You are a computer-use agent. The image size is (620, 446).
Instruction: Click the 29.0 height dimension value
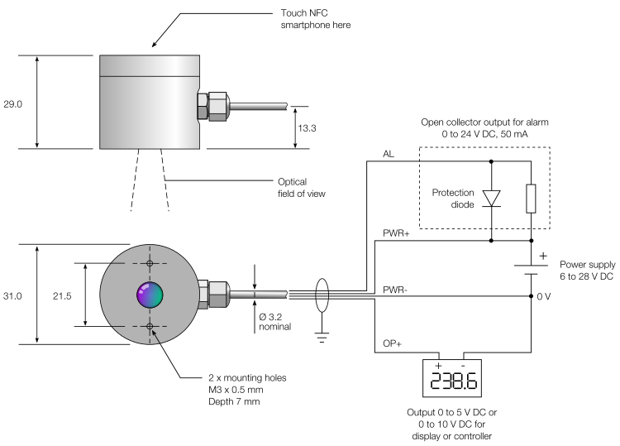12,104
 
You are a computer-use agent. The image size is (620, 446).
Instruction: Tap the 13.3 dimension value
307,128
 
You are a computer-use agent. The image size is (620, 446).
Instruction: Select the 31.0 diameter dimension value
12,296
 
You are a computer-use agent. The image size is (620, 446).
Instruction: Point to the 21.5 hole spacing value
62,296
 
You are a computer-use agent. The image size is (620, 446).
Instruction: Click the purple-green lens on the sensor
150,295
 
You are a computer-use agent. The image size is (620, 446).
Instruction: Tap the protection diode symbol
492,199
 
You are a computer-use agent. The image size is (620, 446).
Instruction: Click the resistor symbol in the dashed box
531,199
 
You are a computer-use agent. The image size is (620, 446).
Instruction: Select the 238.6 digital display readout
453,381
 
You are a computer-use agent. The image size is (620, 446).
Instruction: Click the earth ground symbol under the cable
322,338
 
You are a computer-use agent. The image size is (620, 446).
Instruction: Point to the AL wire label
389,154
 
